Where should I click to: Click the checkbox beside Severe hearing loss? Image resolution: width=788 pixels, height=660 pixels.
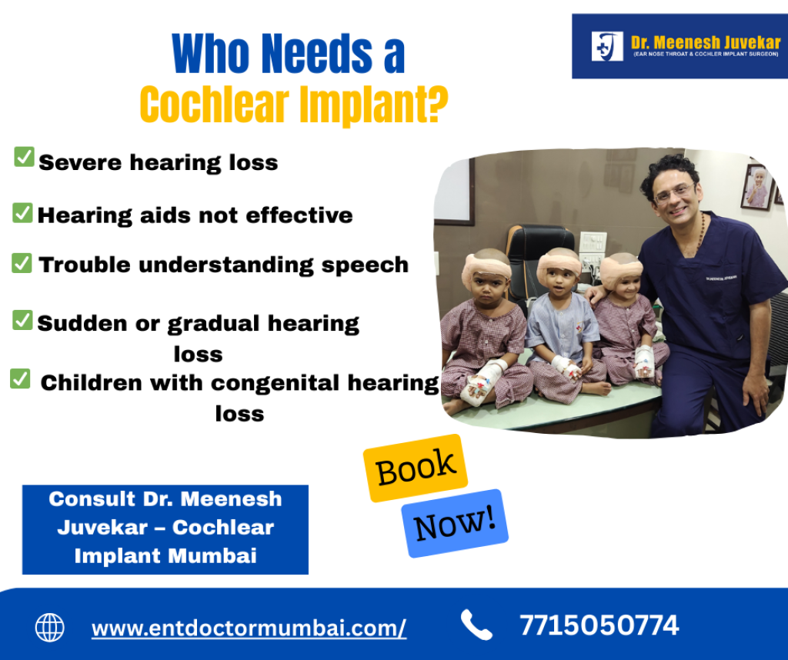tap(24, 157)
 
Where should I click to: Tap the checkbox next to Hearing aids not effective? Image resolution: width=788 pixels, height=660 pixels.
tap(22, 213)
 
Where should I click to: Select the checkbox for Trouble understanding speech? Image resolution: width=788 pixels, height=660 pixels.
tap(22, 263)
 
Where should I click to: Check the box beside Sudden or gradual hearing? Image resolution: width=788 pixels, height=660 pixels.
tap(22, 321)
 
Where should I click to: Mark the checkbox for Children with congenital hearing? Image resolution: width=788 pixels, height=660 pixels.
tap(20, 378)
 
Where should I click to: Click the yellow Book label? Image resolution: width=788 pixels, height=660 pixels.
tap(416, 468)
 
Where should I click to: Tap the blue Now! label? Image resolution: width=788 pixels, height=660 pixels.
tap(455, 523)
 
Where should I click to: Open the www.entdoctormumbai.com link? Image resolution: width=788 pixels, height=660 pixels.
tap(249, 628)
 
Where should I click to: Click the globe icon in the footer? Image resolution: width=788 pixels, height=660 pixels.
tap(50, 628)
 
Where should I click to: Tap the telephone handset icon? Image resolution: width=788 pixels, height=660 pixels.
tap(476, 625)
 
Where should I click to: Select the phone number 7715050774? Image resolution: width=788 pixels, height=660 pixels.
tap(599, 625)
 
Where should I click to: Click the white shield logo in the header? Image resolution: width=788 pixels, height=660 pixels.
tap(607, 46)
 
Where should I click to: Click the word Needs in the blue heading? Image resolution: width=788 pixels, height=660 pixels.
tap(317, 53)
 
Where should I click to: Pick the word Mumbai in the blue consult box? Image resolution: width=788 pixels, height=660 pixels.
tap(212, 555)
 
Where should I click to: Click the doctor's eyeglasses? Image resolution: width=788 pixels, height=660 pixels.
tap(675, 193)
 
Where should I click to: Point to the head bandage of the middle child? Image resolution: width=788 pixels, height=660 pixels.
tap(559, 265)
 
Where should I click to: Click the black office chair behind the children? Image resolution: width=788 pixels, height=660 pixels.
tap(539, 262)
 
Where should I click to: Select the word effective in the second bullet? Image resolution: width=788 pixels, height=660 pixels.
tap(299, 215)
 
